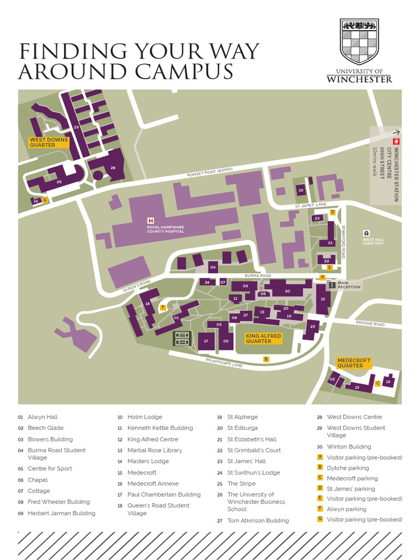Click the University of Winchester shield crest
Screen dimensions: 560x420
tap(359, 42)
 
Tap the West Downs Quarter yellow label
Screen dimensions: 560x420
tap(49, 142)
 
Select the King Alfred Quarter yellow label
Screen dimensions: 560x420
tap(263, 339)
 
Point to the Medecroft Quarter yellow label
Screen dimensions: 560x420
tap(354, 363)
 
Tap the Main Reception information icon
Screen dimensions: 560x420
tap(331, 285)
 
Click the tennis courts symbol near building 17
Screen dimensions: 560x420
tap(182, 339)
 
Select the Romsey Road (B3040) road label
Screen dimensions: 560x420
tap(210, 172)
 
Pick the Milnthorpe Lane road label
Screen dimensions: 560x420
tap(224, 362)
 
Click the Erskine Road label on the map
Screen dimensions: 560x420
tap(370, 324)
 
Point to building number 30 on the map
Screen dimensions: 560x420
tap(287, 291)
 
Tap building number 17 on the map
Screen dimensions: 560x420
tap(206, 341)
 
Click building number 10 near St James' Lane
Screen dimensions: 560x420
tap(300, 190)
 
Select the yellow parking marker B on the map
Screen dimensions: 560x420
tap(266, 359)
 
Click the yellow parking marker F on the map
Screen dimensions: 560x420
tap(162, 308)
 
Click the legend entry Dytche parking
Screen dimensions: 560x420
tap(347, 468)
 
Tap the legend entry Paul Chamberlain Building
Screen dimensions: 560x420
tap(164, 494)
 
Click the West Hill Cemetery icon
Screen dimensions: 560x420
tap(366, 232)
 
